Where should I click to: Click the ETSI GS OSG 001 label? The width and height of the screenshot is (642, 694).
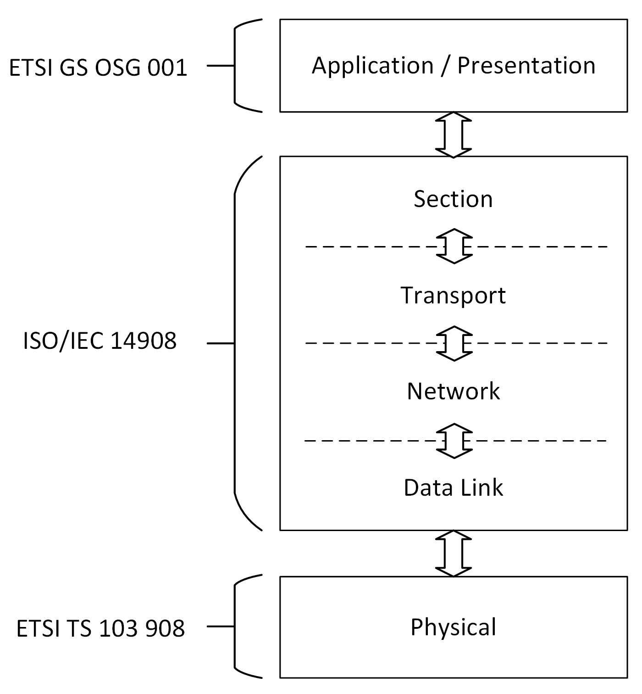point(98,68)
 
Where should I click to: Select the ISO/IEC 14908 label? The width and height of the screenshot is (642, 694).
point(100,341)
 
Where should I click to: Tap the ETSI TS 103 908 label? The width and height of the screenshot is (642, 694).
point(100,628)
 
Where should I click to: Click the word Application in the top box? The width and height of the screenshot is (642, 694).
point(372,66)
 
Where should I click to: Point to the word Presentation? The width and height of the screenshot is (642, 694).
point(526,65)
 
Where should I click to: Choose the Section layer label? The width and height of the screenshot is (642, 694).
point(453,199)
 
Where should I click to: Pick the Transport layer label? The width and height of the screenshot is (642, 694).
point(453,295)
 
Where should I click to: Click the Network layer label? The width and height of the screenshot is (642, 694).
point(453,391)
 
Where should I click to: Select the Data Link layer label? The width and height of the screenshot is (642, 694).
point(453,487)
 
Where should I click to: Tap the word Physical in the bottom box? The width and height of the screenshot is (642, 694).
point(453,627)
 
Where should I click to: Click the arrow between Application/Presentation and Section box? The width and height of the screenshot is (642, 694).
point(454,134)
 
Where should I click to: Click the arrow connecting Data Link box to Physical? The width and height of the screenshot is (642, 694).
point(454,554)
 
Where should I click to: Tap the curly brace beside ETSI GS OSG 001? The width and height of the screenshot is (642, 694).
point(236,66)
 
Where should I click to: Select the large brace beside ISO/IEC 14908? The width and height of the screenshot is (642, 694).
point(236,343)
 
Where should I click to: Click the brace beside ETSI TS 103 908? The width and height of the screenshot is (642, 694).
point(236,626)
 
